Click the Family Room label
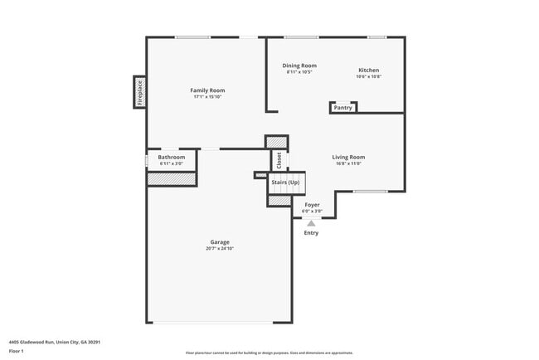[x=207, y=90]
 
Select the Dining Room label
[x=299, y=66]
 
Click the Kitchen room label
[x=368, y=70]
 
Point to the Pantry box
[x=342, y=108]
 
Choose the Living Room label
[x=348, y=157]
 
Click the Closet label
[x=279, y=159]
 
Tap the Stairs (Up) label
[x=286, y=181]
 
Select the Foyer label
[x=312, y=204]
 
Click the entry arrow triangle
[x=311, y=223]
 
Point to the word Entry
[x=311, y=233]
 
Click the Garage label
[x=219, y=242]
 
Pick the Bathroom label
[x=172, y=157]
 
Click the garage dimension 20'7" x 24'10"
[x=219, y=249]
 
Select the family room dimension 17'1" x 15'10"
[x=207, y=97]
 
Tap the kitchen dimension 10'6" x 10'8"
[x=368, y=77]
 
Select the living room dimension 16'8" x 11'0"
[x=348, y=163]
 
